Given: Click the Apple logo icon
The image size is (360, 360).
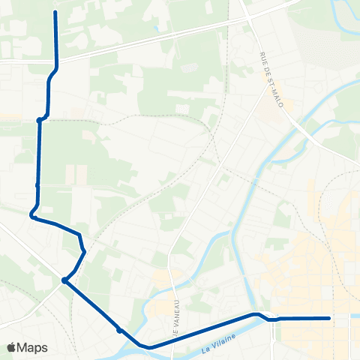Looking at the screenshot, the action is [11, 347].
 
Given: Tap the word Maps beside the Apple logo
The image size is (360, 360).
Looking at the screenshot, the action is [32, 347].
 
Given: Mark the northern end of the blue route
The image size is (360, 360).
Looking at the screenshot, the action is [56, 13].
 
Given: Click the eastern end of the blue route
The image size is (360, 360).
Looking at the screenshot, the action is [329, 318].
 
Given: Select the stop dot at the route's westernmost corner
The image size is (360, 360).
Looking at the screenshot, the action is [32, 217].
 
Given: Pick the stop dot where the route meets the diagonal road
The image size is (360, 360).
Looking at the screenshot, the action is [65, 281].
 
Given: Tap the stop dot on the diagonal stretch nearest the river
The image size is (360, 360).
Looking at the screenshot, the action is [119, 329].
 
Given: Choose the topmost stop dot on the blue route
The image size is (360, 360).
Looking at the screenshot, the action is [39, 119].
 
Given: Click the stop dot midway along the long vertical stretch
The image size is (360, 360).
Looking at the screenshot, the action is [37, 184].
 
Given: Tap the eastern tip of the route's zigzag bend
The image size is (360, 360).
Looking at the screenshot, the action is [85, 250].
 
